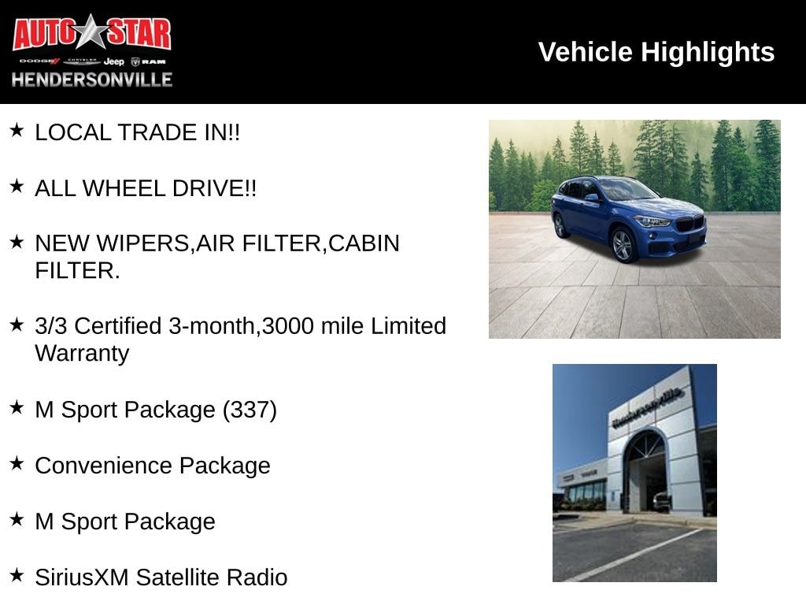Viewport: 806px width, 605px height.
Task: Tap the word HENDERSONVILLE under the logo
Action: [92, 80]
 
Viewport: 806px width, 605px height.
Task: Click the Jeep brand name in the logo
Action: [113, 61]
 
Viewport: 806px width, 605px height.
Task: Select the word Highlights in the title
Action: [708, 53]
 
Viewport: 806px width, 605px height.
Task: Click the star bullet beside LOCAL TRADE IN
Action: [17, 130]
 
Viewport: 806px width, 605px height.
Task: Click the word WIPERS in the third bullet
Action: [143, 244]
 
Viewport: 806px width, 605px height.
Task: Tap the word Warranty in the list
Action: [82, 354]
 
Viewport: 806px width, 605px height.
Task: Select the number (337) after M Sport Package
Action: [250, 410]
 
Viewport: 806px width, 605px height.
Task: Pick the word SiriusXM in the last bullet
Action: [82, 577]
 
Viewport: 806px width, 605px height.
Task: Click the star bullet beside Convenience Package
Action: [17, 463]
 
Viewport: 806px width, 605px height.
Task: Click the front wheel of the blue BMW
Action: [623, 246]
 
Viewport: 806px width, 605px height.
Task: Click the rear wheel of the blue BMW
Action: [560, 226]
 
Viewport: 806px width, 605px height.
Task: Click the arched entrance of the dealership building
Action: [645, 471]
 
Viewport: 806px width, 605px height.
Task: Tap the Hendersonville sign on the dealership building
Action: [648, 407]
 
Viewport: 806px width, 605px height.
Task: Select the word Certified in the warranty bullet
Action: [118, 326]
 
